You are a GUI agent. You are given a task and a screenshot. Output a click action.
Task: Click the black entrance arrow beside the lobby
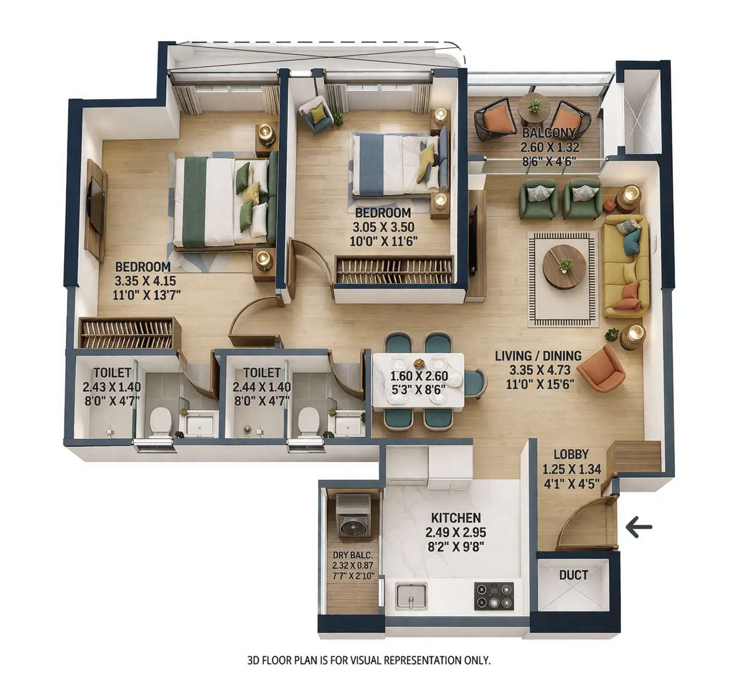(x=639, y=527)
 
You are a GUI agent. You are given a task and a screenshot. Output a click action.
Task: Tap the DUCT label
(x=573, y=575)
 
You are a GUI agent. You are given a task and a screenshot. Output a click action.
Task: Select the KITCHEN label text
(x=456, y=517)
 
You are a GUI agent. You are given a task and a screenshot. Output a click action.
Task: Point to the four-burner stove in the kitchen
(x=494, y=596)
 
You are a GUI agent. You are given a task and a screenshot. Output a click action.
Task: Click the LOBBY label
(x=571, y=454)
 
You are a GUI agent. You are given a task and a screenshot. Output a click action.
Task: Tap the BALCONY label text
(x=549, y=134)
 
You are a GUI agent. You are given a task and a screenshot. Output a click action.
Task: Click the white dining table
(x=418, y=380)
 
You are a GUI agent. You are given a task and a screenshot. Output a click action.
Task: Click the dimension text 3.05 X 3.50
(x=383, y=227)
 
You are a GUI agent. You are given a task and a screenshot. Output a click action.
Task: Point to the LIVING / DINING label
(x=538, y=356)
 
